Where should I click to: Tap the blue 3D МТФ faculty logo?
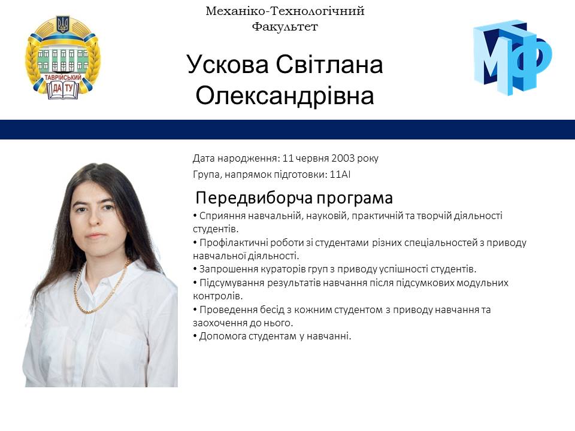tap(512, 57)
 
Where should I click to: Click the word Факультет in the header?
tap(285, 26)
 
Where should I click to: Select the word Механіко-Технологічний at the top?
tap(285, 11)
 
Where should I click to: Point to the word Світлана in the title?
tap(329, 65)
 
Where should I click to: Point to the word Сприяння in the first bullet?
tap(221, 215)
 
